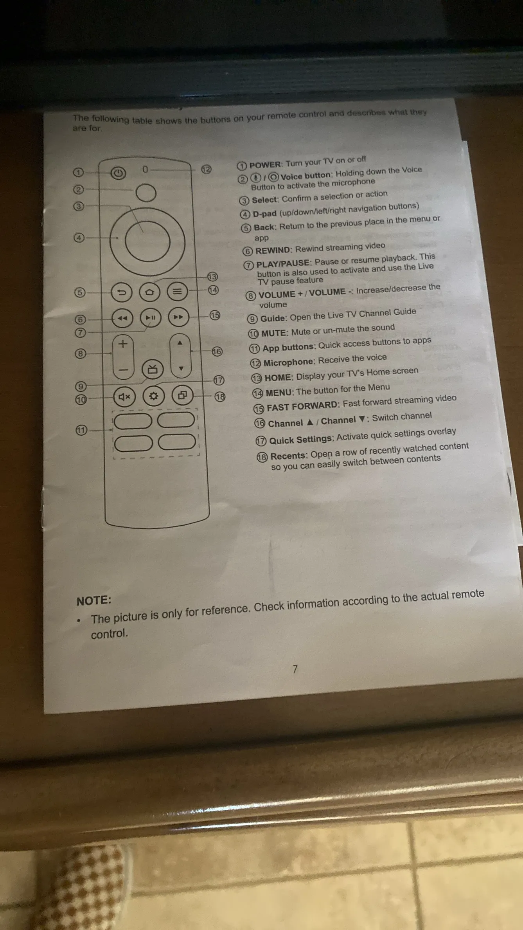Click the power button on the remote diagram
[x=118, y=173]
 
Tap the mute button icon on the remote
[x=124, y=397]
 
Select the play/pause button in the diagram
[x=151, y=317]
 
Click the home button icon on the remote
[x=149, y=292]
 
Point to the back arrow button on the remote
[x=122, y=292]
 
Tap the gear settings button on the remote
[x=153, y=396]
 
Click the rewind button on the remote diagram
[x=122, y=318]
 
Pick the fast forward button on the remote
[x=178, y=317]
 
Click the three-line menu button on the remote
[x=177, y=291]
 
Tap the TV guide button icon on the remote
[x=153, y=369]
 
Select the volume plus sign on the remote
[x=123, y=344]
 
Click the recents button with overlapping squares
[x=182, y=395]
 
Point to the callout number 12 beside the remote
[x=206, y=169]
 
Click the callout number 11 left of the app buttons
[x=81, y=431]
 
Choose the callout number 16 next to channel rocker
[x=217, y=351]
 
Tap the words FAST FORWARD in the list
[x=303, y=406]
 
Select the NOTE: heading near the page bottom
[x=94, y=600]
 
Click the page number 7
[x=295, y=669]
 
